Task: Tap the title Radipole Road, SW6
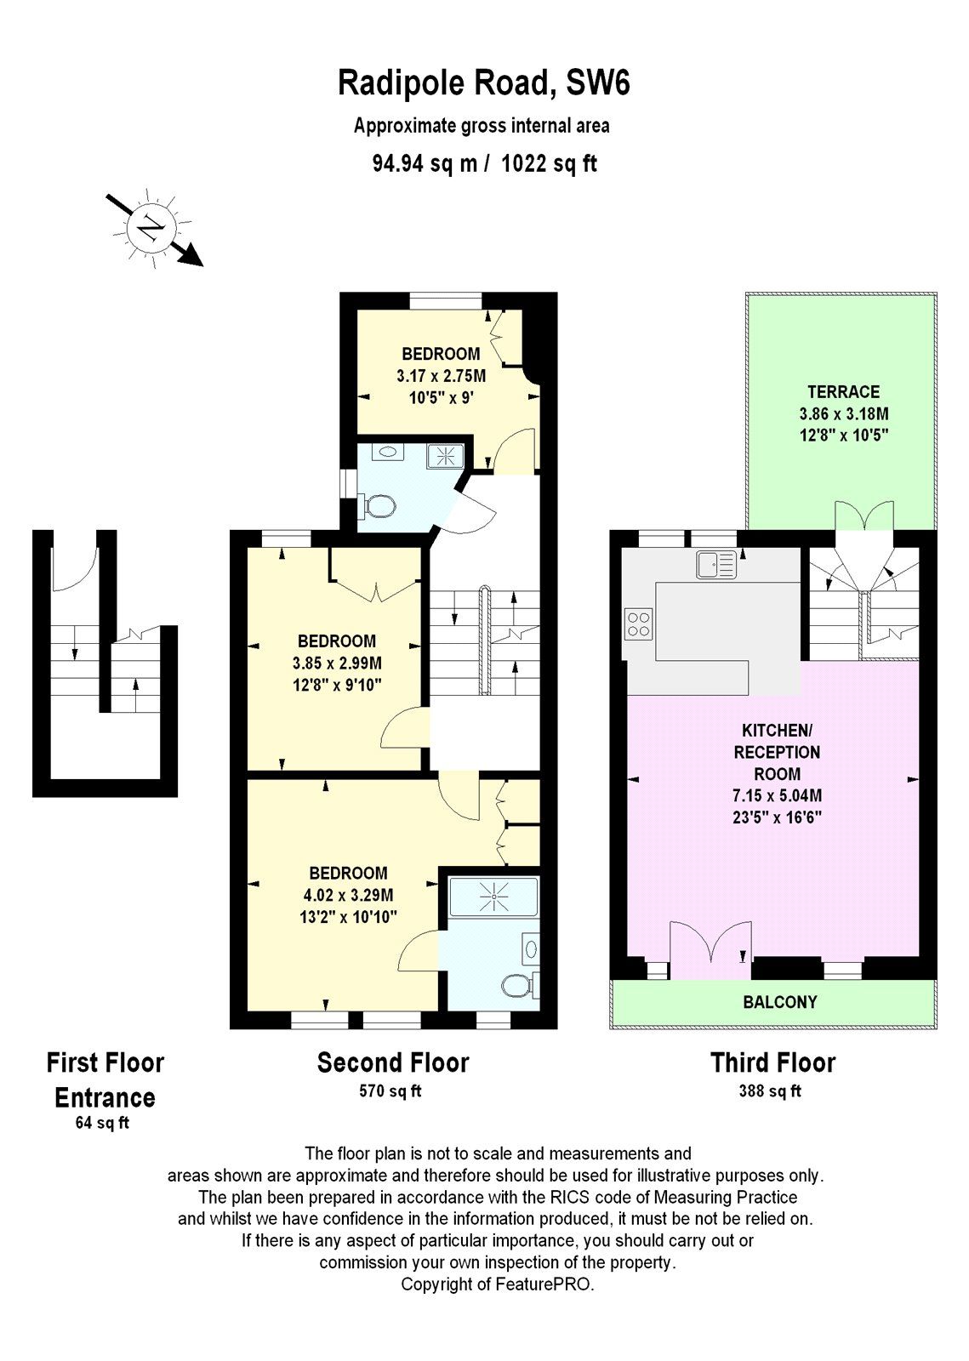point(483,84)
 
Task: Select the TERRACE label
point(843,392)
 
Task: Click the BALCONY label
point(779,1002)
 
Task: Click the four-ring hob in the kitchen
point(638,624)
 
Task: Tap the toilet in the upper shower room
point(379,507)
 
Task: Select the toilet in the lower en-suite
point(516,986)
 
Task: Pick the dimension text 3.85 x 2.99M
point(337,663)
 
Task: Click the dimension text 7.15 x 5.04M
point(775,796)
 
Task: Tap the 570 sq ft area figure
point(390,1091)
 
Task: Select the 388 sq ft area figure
point(770,1091)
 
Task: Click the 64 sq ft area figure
point(102,1123)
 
